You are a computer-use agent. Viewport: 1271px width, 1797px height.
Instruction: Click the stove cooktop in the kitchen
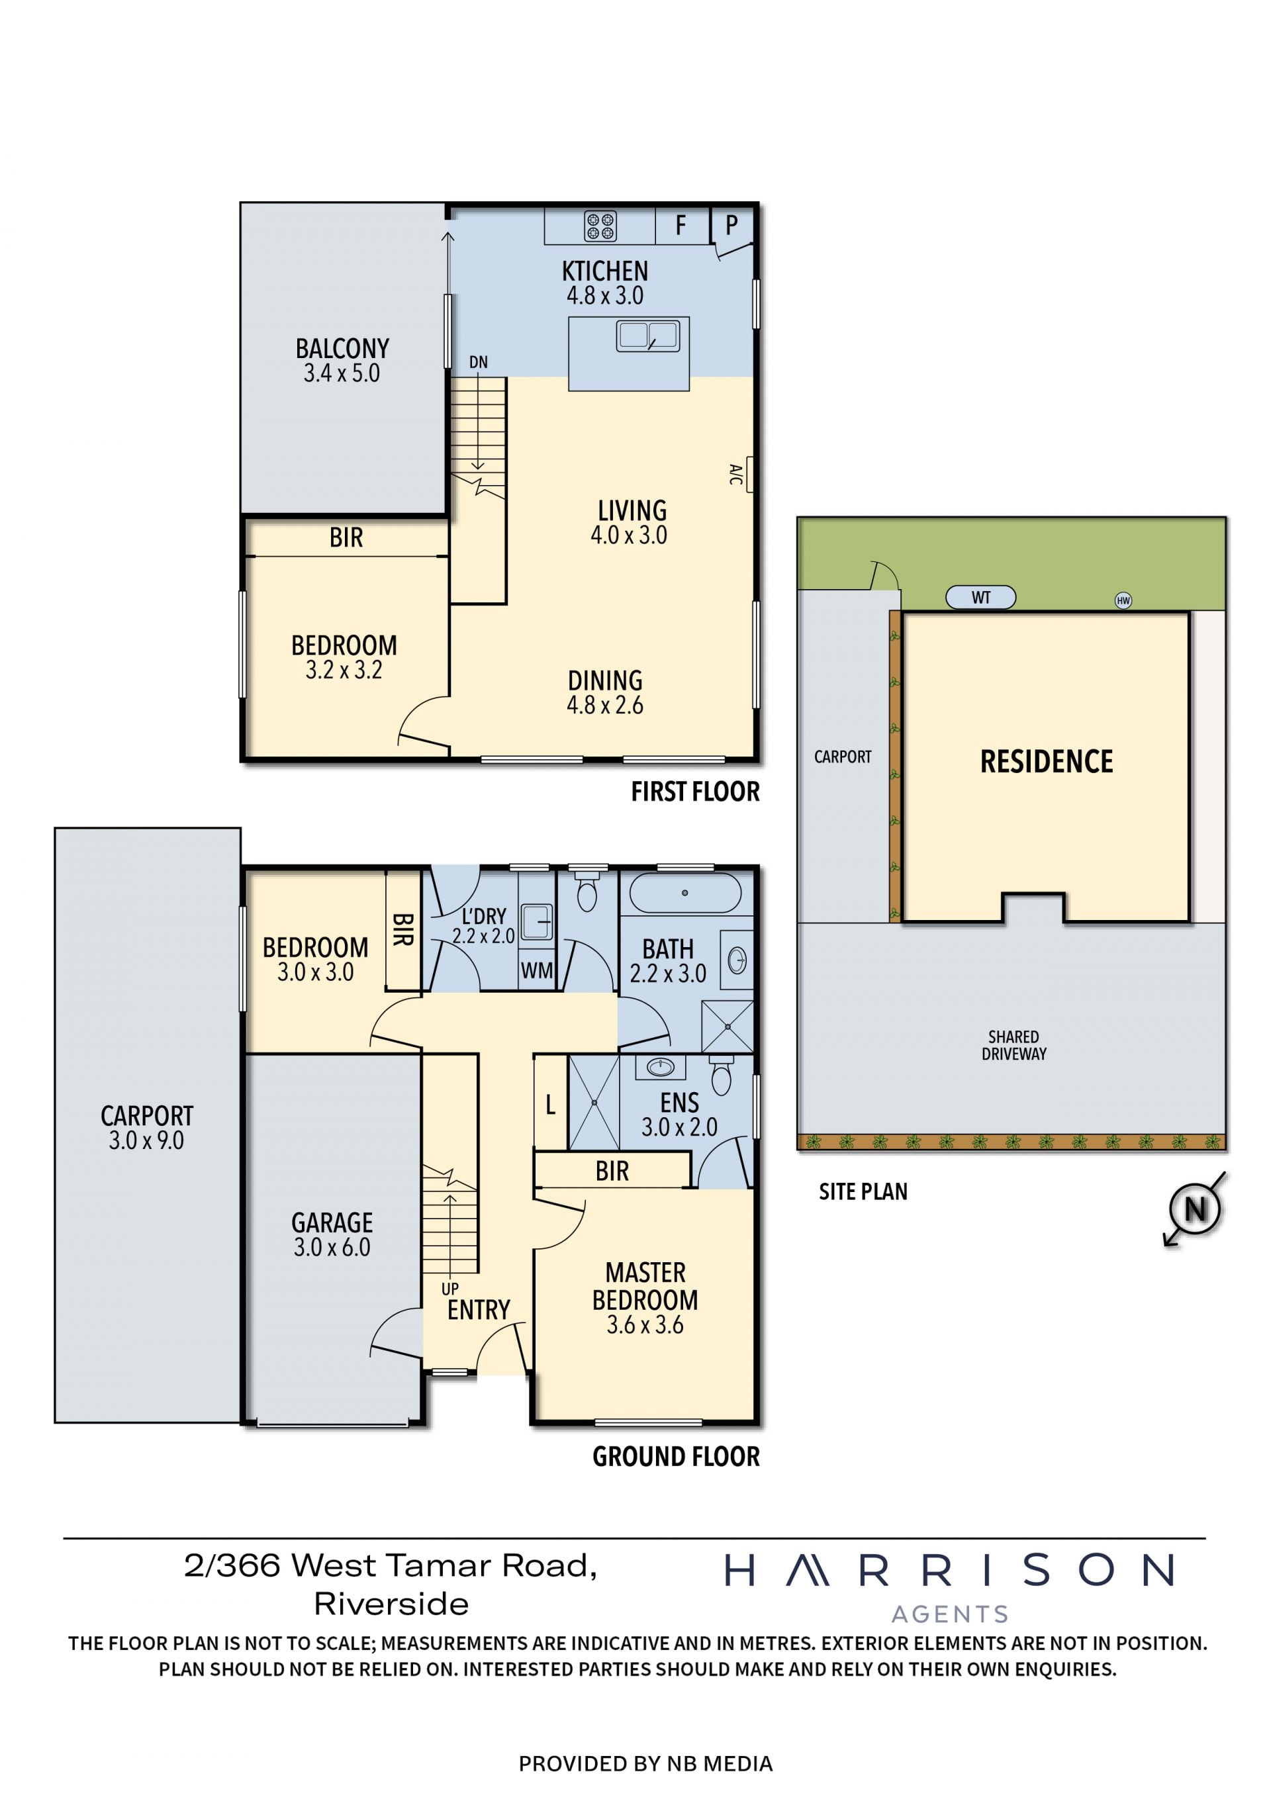(x=600, y=226)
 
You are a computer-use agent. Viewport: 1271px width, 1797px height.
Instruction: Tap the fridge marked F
(x=682, y=226)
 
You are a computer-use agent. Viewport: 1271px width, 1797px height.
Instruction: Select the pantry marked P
(x=731, y=226)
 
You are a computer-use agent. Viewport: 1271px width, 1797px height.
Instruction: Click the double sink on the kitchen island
(x=647, y=335)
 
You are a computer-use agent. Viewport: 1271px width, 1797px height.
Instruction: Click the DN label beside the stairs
(x=478, y=362)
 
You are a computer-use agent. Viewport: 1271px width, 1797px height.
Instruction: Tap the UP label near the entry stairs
(x=450, y=1288)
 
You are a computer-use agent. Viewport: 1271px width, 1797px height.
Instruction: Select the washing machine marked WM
(x=537, y=970)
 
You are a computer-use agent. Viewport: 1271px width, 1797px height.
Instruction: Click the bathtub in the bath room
(x=684, y=893)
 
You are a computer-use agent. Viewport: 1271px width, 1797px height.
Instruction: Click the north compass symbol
(x=1194, y=1210)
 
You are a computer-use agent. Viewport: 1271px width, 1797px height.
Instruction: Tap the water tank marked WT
(x=980, y=597)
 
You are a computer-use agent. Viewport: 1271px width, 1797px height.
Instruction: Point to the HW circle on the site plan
(x=1123, y=600)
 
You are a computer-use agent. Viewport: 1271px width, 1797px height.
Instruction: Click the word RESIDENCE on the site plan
(x=1047, y=762)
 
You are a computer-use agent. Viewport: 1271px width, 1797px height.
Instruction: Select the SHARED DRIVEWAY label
(x=1013, y=1045)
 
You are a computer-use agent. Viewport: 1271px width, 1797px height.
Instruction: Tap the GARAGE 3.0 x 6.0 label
(x=332, y=1234)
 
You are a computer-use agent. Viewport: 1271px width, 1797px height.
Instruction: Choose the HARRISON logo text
(x=949, y=1570)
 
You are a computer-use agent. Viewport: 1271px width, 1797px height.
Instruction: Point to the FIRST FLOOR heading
(x=695, y=792)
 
